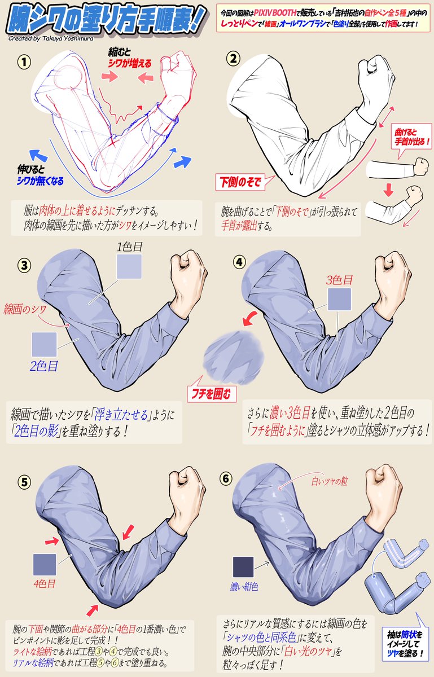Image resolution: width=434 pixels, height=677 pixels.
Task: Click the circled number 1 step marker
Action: click(x=24, y=62)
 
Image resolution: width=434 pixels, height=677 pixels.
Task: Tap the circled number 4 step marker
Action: click(x=239, y=262)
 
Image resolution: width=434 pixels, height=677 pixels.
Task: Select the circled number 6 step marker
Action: click(x=226, y=478)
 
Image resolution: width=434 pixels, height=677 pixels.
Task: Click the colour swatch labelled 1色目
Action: click(x=129, y=266)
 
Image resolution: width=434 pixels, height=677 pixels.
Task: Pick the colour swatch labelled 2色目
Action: click(x=44, y=344)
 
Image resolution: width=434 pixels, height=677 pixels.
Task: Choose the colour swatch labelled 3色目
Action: click(x=339, y=299)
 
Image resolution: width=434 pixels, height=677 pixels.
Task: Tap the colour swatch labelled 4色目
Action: click(x=45, y=565)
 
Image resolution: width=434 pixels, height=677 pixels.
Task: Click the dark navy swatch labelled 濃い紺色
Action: click(x=243, y=566)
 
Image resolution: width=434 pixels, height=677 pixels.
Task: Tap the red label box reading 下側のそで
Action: click(x=240, y=182)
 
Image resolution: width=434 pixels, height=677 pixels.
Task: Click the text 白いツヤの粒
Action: click(x=330, y=481)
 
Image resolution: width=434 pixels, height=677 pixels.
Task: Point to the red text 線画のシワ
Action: click(x=25, y=309)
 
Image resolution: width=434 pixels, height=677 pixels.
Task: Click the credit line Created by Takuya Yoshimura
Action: click(x=51, y=38)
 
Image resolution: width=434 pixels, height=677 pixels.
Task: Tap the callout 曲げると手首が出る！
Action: click(x=412, y=137)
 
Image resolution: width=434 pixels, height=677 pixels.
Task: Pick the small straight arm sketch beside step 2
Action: click(x=397, y=168)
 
